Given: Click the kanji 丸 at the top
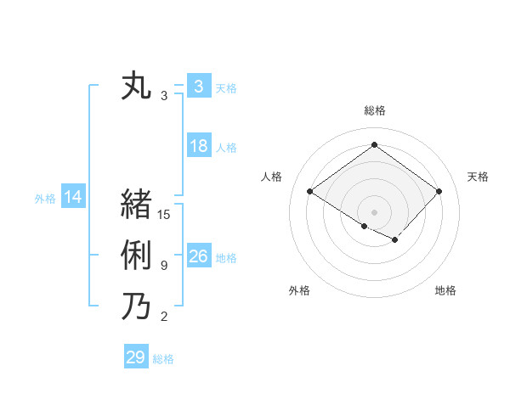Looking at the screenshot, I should click(x=136, y=86).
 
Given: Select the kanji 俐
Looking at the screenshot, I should click(x=136, y=256).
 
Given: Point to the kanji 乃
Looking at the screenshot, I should click(x=136, y=306).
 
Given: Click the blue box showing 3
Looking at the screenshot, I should click(x=198, y=86).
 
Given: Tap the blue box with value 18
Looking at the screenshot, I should click(x=198, y=146).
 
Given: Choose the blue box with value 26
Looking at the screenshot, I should click(x=198, y=256).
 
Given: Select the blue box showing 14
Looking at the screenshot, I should click(x=73, y=198).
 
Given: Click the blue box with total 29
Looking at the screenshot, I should click(x=136, y=357).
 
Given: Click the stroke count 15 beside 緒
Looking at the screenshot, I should click(x=164, y=215).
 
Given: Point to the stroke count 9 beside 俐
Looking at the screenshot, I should click(x=164, y=267).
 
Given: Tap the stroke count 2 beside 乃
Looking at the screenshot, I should click(x=164, y=318).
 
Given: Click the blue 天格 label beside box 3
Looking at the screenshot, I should click(x=226, y=87).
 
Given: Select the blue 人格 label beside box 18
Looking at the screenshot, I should click(x=226, y=148).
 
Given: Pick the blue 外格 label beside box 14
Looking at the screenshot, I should click(x=45, y=199).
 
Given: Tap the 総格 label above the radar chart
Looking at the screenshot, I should click(x=374, y=110).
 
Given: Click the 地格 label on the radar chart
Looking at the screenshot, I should click(x=445, y=290).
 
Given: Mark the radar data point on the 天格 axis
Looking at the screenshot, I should click(x=439, y=192).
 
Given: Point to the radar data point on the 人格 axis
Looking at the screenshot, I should click(x=309, y=192).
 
